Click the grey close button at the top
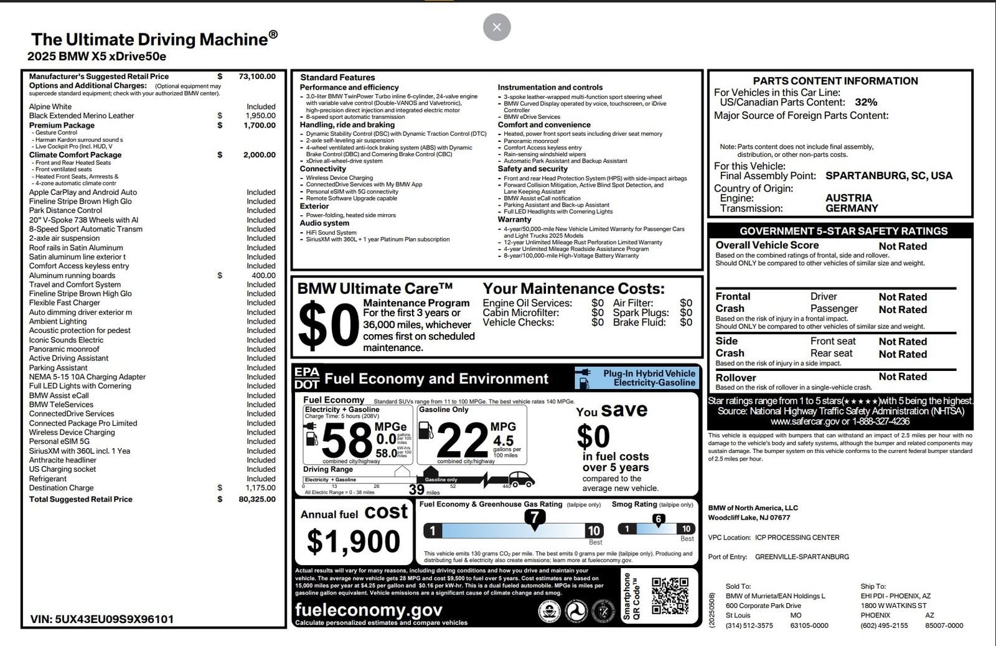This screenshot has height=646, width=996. tap(497, 27)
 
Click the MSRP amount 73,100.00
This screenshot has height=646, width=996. tap(256, 77)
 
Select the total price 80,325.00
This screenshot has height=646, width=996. tap(256, 499)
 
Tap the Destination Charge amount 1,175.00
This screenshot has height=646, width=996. tap(260, 488)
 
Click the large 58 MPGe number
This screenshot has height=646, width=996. tap(346, 441)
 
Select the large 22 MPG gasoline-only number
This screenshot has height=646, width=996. tap(462, 441)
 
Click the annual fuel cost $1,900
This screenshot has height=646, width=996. tap(353, 541)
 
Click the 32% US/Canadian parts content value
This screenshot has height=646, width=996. tap(866, 102)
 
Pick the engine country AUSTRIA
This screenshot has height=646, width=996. tap(848, 198)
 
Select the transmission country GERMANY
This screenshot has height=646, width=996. tap(852, 208)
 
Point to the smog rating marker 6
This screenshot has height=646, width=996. tap(658, 519)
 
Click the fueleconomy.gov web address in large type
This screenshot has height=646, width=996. tap(369, 609)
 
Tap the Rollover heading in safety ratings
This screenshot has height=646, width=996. tap(736, 378)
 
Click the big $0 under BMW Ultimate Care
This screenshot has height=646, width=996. tap(327, 324)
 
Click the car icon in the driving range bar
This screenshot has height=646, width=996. tap(522, 479)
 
